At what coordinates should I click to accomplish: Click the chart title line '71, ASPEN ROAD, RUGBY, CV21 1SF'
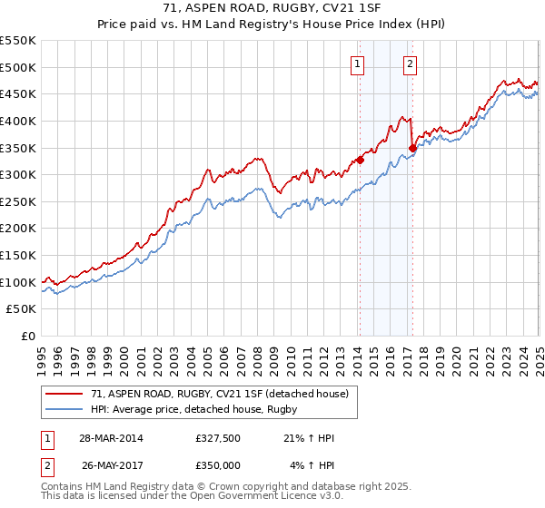272,10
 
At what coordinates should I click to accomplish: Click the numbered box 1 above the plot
358,64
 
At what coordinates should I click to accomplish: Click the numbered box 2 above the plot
411,64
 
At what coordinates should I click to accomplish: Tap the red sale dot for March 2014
360,160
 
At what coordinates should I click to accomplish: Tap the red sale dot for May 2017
412,148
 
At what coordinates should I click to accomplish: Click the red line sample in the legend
64,394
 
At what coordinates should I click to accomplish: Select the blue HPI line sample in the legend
64,409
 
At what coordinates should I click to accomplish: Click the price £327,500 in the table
218,438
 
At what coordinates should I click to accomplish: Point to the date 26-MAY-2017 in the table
114,464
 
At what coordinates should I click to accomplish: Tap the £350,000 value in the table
218,464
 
